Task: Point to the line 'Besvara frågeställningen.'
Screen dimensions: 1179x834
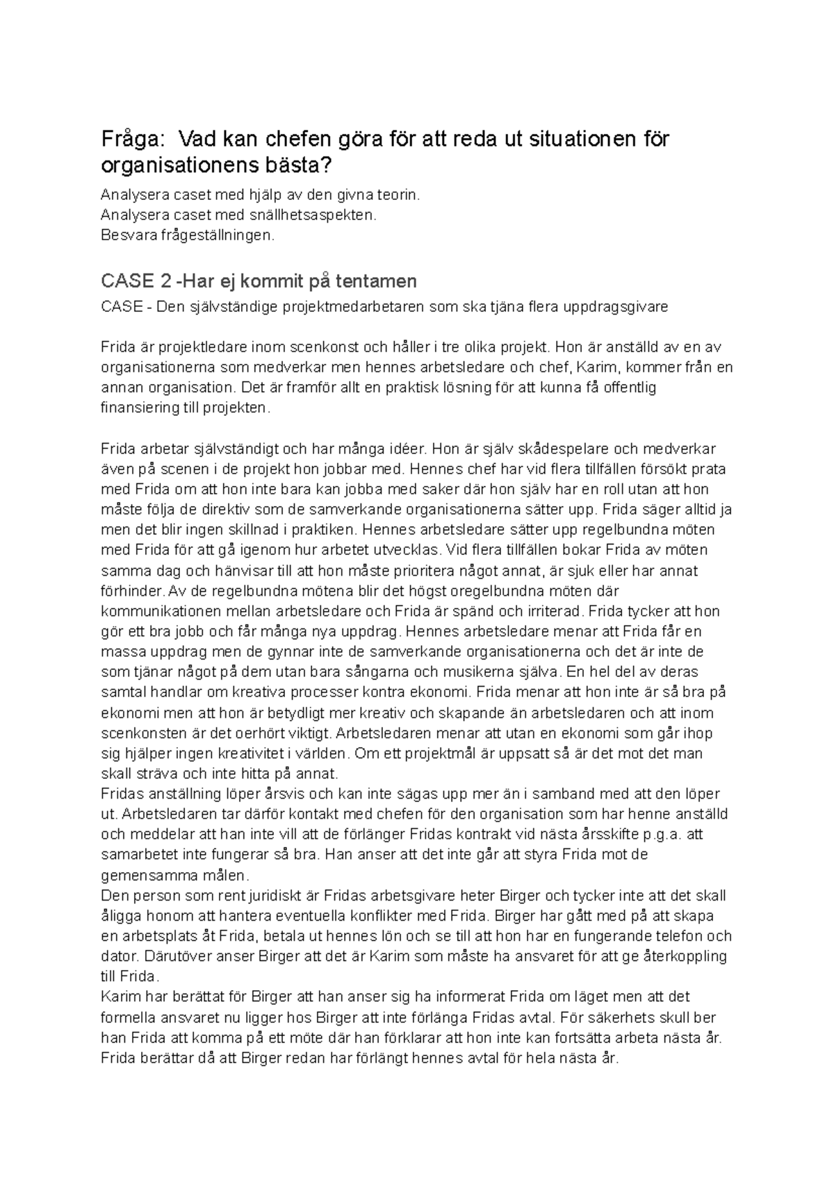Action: coord(188,235)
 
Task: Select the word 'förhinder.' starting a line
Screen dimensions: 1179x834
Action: coord(133,592)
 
